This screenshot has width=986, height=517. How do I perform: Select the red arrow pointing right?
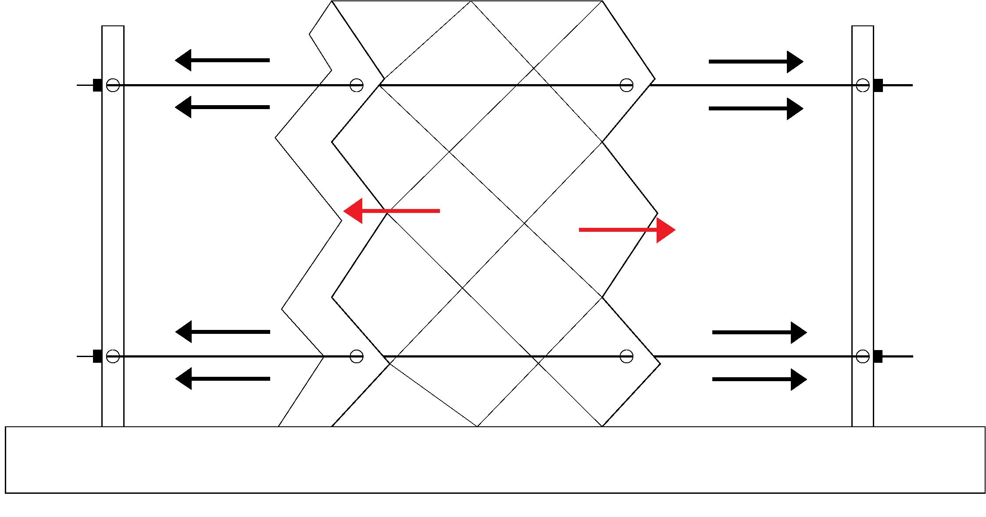[x=627, y=230]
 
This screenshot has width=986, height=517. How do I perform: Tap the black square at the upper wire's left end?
[x=97, y=85]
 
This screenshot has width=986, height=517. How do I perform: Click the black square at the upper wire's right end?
[x=878, y=85]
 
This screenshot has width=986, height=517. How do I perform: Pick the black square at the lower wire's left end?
[x=97, y=356]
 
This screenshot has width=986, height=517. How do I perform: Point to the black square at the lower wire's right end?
[x=878, y=356]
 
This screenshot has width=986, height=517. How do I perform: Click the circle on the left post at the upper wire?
[x=113, y=85]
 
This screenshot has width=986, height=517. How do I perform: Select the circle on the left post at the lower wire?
[x=113, y=356]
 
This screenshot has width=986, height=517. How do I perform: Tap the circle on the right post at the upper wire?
[x=862, y=85]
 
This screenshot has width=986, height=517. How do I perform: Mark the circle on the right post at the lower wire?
[x=862, y=356]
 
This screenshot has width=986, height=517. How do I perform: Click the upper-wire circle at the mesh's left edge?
[x=356, y=85]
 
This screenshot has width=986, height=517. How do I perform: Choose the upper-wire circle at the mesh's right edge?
[x=626, y=85]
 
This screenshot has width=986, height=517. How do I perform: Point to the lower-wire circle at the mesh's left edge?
[x=356, y=356]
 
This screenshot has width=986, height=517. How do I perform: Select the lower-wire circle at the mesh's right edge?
[x=626, y=356]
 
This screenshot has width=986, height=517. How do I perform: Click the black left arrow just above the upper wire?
[x=222, y=60]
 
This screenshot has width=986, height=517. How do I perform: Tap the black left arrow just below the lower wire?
[x=222, y=379]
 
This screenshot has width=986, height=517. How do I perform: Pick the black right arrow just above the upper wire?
[x=756, y=62]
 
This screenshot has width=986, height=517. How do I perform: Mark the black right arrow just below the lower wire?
[x=759, y=379]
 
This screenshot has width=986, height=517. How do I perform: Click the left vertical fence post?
[x=113, y=219]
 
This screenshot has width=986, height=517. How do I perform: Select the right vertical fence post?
[x=862, y=219]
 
